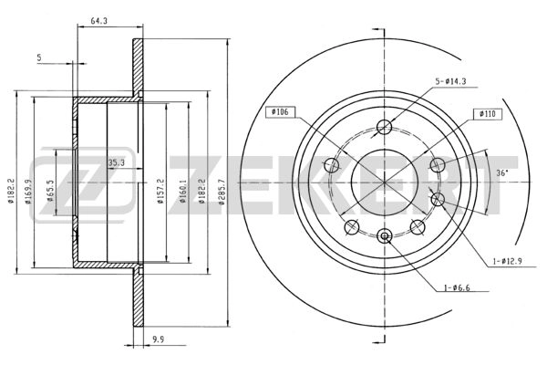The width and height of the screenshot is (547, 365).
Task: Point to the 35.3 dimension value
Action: coord(116,163)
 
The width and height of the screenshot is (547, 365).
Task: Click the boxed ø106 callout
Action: coord(277,112)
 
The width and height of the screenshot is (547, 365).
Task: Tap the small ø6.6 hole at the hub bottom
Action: coord(384,237)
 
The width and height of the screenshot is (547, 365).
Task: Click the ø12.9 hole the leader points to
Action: coord(437,199)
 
